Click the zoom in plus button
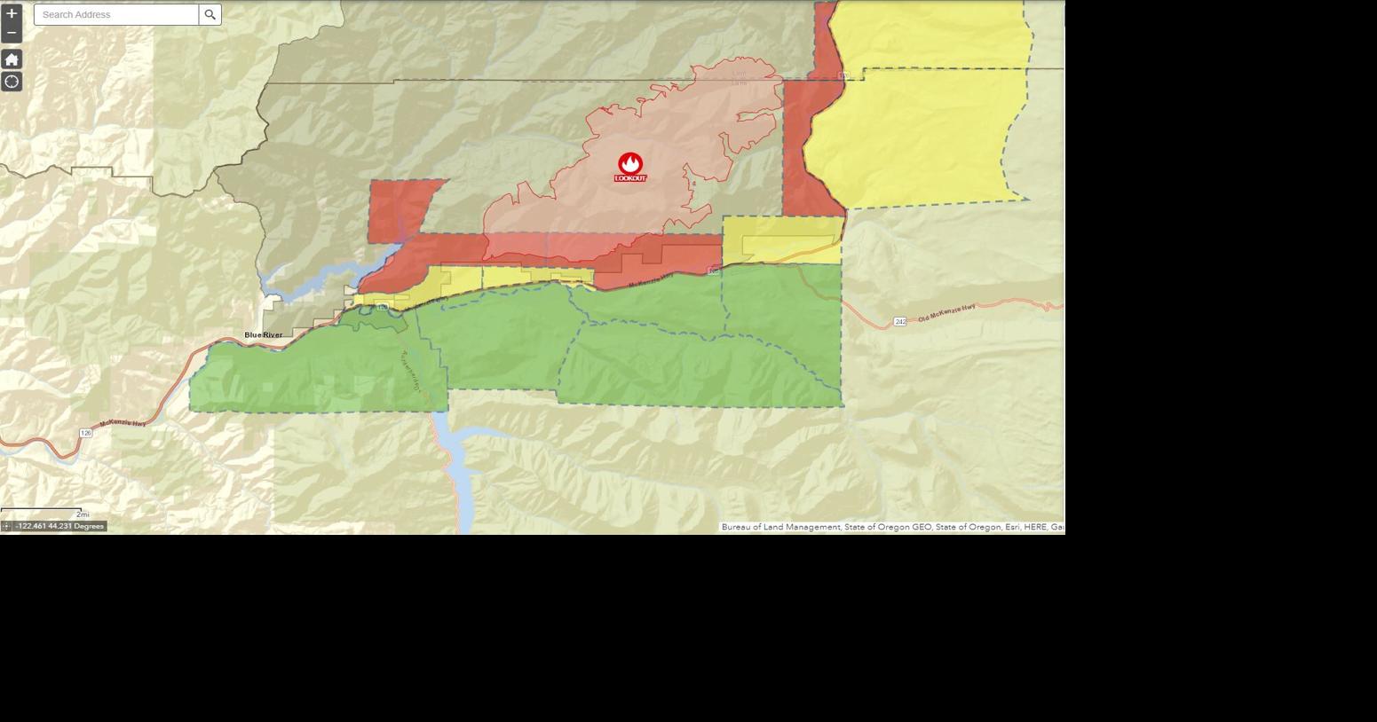[12, 13]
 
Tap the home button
[12, 59]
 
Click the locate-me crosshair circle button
[12, 82]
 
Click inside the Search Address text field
[116, 14]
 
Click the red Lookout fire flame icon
[630, 163]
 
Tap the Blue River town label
[264, 334]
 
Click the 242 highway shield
[899, 321]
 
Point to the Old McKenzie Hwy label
[946, 311]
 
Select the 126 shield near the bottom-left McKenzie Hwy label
[85, 433]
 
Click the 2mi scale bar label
[83, 514]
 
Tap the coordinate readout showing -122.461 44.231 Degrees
[59, 526]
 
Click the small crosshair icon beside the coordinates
[6, 526]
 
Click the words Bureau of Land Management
[780, 527]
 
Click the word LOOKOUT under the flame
[630, 178]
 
